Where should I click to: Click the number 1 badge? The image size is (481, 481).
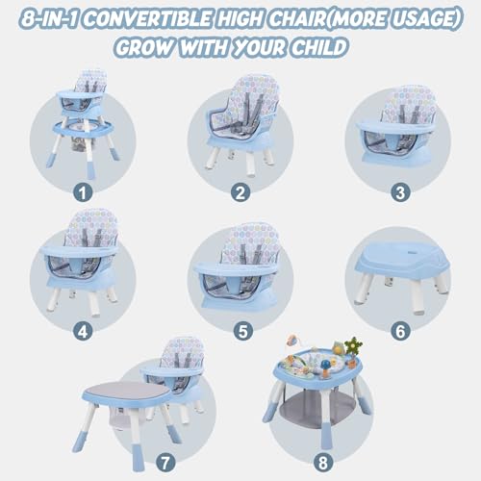click(83, 193)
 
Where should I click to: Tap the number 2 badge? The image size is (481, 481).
click(240, 193)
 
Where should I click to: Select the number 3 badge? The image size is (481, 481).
click(400, 193)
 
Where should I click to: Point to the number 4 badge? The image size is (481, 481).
click(83, 331)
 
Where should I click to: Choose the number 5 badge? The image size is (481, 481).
click(242, 331)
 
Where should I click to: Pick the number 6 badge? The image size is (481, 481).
click(400, 331)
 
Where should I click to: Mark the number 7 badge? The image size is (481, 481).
click(165, 463)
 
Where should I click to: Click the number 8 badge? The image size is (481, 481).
click(323, 463)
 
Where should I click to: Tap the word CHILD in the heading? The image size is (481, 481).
click(319, 48)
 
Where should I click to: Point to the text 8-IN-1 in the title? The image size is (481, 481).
click(49, 19)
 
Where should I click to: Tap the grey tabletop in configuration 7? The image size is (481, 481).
click(126, 392)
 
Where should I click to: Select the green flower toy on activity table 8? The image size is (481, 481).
click(353, 345)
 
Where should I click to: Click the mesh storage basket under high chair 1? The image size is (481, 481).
click(79, 143)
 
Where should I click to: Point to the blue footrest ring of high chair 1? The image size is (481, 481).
click(84, 129)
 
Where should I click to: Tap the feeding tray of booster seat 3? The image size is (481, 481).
click(395, 127)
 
